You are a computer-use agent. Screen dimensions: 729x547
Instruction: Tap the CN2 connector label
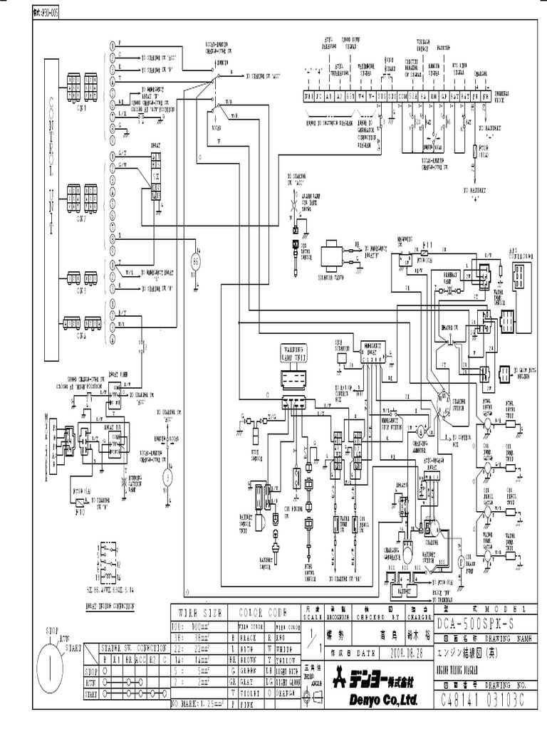click(x=81, y=209)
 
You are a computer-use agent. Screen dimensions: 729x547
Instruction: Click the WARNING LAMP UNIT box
click(x=291, y=354)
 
